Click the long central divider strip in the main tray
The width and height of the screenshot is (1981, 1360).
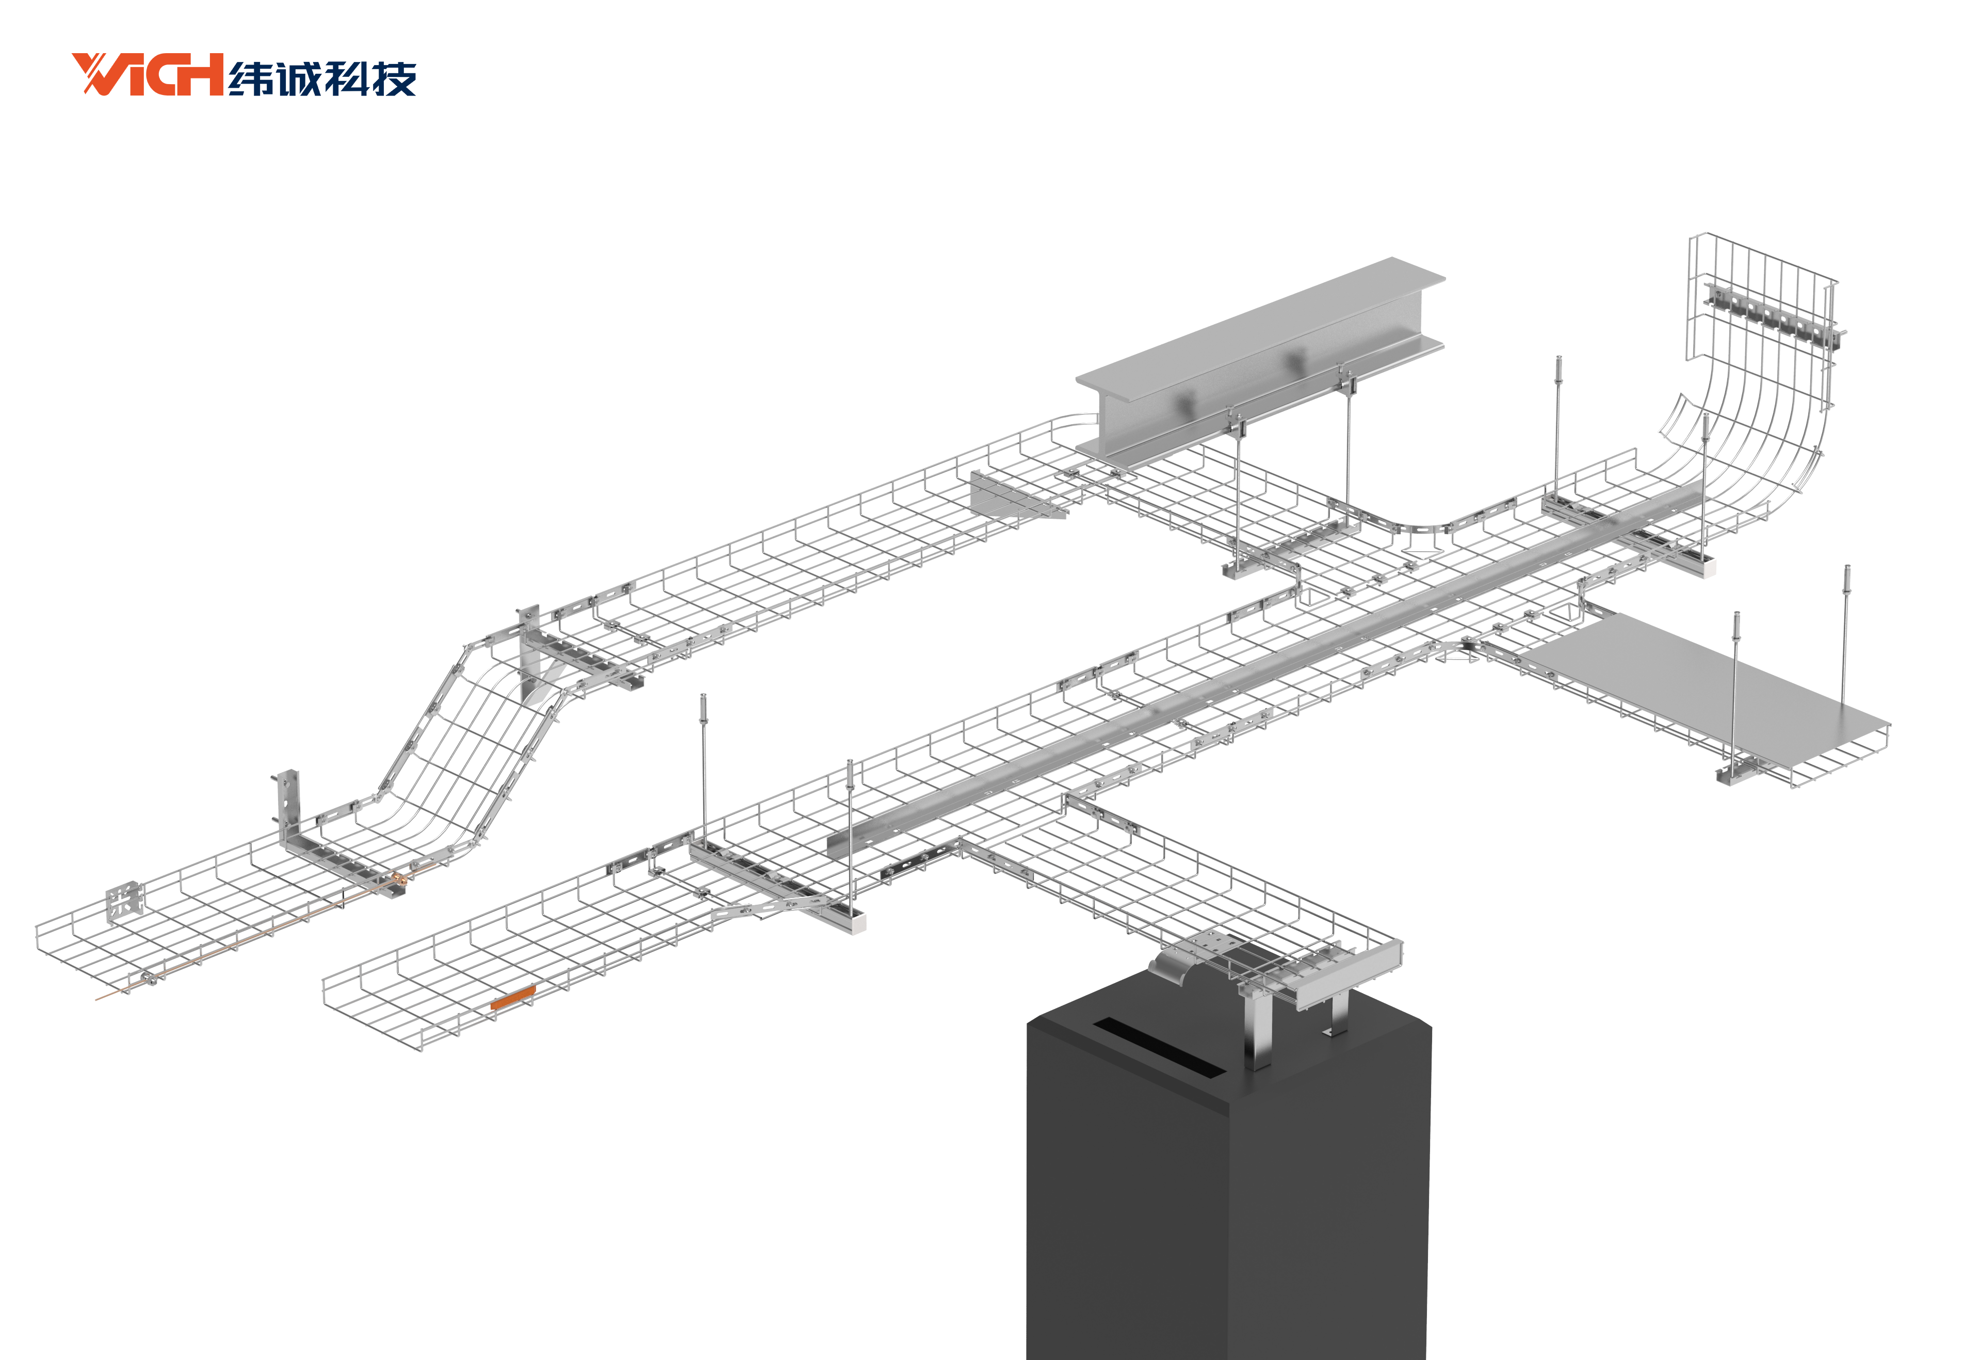coord(1261,674)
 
